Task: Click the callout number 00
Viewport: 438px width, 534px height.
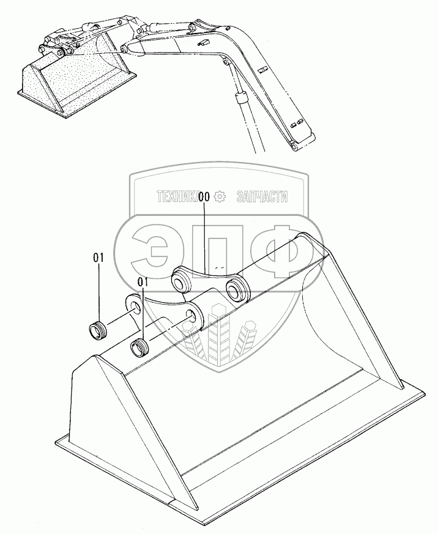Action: point(204,197)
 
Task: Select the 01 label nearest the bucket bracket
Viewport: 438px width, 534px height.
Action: point(144,282)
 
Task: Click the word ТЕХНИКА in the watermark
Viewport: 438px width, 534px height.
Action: point(177,197)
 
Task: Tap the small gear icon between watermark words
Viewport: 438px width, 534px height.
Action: point(221,197)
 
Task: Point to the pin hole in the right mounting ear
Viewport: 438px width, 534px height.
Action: point(195,316)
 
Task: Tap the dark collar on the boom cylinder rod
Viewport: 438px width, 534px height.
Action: point(240,97)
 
